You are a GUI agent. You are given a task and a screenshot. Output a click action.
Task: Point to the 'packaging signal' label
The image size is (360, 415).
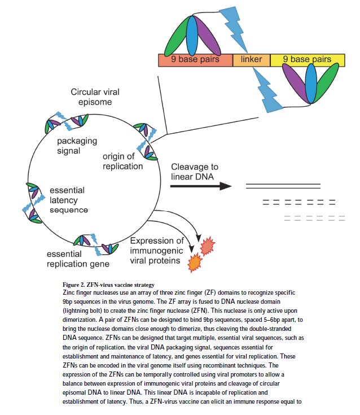(x=77, y=145)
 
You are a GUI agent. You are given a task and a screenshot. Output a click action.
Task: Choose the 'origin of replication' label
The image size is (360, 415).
(x=122, y=160)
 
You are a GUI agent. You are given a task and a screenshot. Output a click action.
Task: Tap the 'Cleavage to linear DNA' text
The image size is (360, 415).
(x=195, y=172)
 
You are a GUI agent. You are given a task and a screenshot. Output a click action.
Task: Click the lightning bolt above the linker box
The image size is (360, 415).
(x=237, y=28)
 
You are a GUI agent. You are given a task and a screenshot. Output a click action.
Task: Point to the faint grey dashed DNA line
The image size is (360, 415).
(x=310, y=217)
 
